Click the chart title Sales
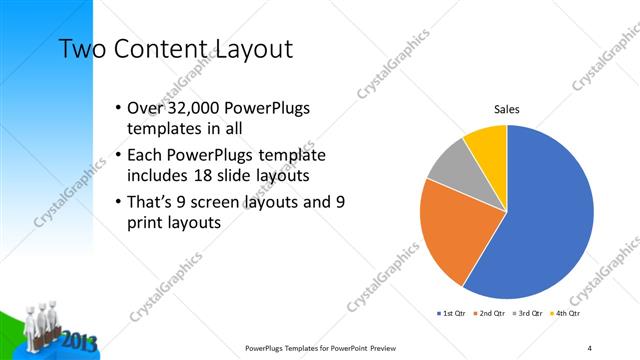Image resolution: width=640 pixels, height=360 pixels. (x=507, y=110)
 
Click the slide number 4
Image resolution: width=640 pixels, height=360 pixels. (x=590, y=348)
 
